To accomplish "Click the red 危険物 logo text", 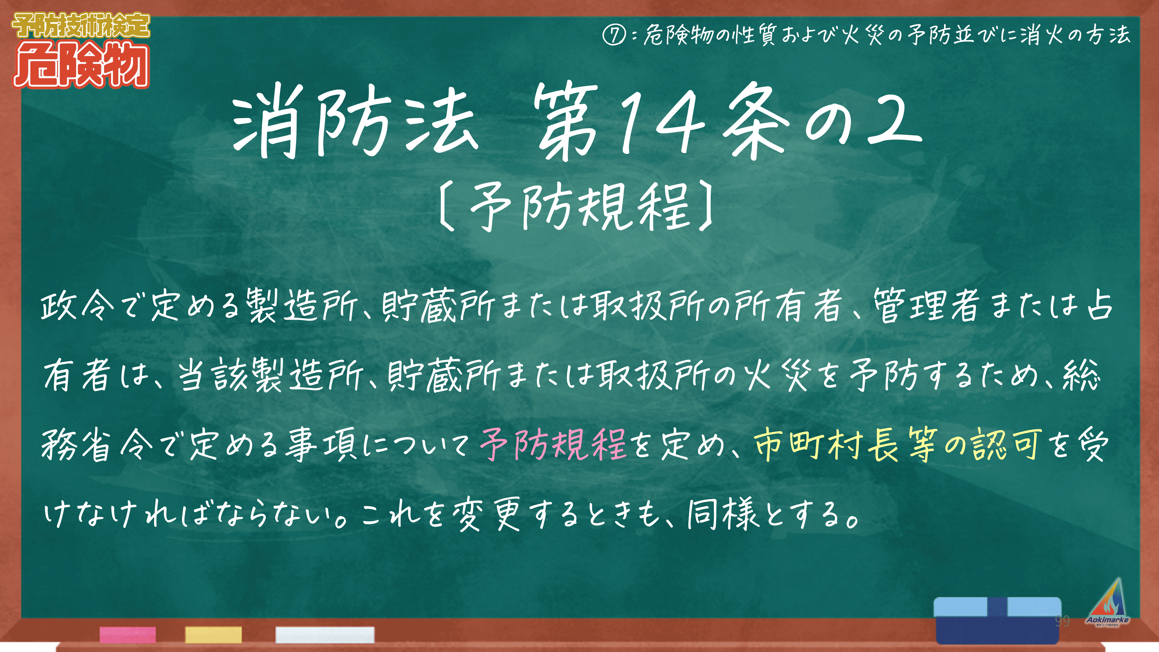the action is [x=81, y=66].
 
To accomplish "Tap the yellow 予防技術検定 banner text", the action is [x=81, y=26].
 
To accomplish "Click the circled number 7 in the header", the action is [x=614, y=35].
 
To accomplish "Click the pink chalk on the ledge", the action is [x=128, y=634].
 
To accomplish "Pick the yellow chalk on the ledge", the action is [x=213, y=634].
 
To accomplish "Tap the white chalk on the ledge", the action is [x=325, y=634].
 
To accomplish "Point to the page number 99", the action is [x=1062, y=621].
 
